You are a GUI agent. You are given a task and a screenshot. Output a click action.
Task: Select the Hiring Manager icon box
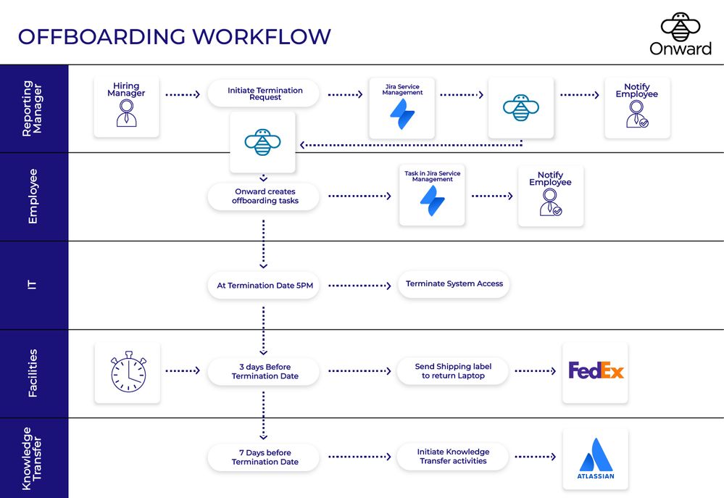[126, 107]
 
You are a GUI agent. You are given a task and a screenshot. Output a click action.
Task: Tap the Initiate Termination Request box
[265, 94]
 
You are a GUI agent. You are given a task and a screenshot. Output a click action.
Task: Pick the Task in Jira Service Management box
[432, 195]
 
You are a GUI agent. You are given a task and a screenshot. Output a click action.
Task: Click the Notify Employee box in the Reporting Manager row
[637, 107]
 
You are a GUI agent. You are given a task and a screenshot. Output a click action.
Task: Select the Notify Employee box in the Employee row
[550, 196]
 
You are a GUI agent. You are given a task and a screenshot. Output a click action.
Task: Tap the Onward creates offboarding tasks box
[265, 196]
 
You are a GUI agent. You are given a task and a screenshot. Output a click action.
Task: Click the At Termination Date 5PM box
[265, 286]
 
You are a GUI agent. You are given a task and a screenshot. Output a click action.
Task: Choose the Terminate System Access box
[454, 284]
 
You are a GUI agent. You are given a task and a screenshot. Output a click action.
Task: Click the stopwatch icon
[128, 373]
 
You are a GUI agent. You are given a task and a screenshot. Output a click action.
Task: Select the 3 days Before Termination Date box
[265, 372]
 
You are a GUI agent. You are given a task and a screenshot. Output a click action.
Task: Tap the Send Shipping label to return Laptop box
[453, 372]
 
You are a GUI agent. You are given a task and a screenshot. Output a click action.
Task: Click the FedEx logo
[595, 372]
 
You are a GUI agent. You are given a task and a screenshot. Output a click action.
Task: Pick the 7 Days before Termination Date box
[265, 457]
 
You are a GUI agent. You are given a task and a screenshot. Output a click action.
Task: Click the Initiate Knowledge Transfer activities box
[453, 457]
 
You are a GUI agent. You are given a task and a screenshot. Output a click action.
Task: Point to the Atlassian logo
[595, 459]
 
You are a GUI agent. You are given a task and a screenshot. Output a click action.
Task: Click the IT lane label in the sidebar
[33, 285]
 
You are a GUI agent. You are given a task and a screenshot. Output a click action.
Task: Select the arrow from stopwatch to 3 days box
[183, 371]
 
